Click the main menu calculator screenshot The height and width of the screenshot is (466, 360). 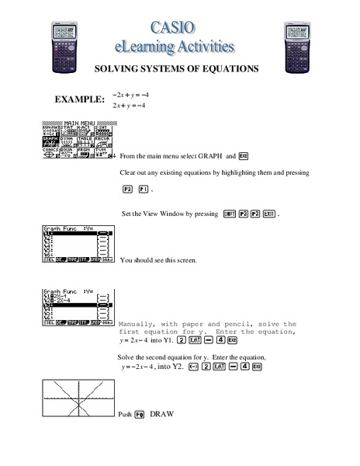click(x=76, y=141)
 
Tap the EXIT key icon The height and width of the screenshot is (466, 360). click(x=268, y=214)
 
